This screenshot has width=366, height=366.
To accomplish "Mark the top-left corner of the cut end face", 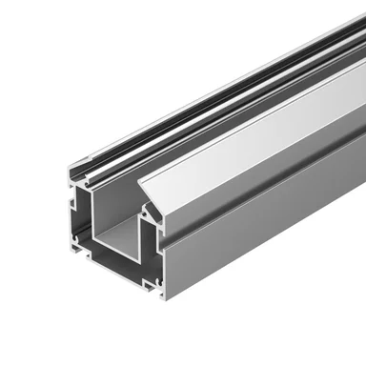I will [x=69, y=170].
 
